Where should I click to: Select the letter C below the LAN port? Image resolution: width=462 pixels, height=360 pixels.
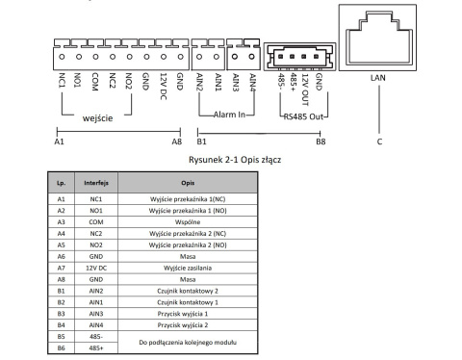380,141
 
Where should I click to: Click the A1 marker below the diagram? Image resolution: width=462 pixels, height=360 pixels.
58,141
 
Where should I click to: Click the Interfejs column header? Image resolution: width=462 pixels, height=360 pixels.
94,180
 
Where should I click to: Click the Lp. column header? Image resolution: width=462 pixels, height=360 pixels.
62,180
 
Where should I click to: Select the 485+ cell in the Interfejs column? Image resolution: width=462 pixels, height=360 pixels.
94,347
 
